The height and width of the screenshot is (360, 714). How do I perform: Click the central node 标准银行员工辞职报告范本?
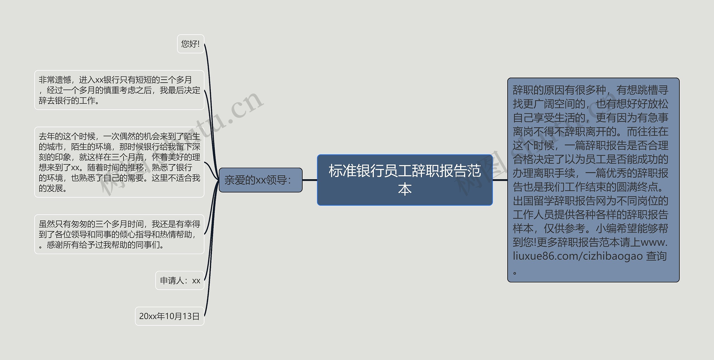coord(404,180)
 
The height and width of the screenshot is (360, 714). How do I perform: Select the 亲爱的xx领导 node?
coord(260,180)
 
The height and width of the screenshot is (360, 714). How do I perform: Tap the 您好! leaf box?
coord(190,44)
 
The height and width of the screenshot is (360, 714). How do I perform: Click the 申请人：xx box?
coord(180,280)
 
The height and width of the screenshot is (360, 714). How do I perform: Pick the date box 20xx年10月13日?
coord(169,316)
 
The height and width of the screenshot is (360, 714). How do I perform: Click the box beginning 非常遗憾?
coord(119,90)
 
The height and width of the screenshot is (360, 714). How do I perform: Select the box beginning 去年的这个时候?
coord(119,162)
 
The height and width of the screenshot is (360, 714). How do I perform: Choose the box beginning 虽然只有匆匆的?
coord(119,234)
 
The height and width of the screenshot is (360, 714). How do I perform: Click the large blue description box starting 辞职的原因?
coord(593,180)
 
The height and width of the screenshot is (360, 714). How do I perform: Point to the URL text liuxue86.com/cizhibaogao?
coord(578,256)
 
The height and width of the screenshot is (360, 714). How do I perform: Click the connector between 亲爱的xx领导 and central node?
coord(310,180)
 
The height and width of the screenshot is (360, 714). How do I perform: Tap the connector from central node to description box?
coord(500,180)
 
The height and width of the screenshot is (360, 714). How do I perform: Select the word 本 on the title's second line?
coord(405,189)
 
